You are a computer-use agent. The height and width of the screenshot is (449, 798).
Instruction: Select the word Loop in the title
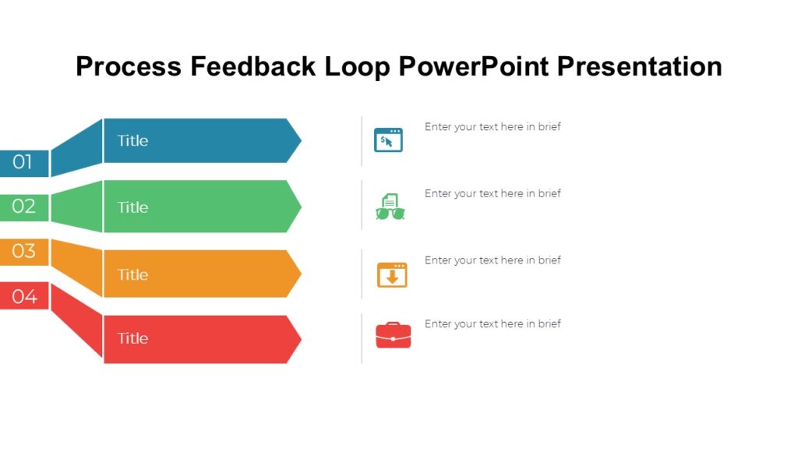356,66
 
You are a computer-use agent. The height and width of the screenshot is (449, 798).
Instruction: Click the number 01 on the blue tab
23,163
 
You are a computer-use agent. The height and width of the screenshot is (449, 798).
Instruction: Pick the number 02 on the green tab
23,207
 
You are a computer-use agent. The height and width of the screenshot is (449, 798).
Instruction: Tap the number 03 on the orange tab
23,251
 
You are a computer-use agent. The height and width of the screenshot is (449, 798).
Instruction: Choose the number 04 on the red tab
24,296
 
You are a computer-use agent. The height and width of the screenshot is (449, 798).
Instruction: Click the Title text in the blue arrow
132,141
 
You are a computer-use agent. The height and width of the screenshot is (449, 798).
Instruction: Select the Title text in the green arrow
132,207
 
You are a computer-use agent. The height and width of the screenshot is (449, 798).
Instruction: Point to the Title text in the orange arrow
132,274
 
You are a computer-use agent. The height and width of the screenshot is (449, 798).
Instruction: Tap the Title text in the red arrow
132,338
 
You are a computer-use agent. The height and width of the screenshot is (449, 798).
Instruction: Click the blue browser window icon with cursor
388,140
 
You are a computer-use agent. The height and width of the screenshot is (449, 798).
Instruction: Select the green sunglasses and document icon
390,207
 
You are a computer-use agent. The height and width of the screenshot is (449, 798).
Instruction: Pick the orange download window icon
392,274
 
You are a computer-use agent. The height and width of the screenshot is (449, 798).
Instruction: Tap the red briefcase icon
393,335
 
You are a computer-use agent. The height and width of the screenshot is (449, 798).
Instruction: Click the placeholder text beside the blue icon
493,127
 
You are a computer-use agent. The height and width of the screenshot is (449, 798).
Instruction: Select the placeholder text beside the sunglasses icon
493,193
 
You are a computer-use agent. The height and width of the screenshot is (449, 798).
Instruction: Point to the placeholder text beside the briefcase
493,323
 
